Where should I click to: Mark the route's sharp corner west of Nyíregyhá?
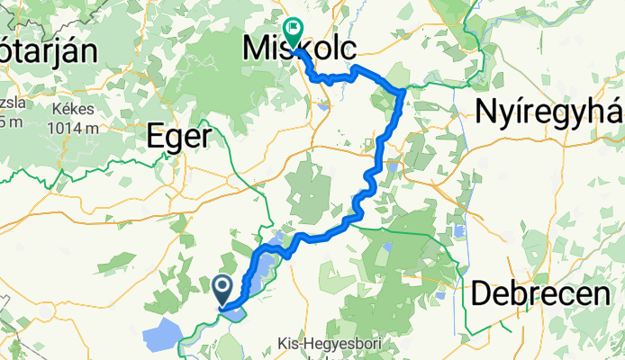(x=401, y=89)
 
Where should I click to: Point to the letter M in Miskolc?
(x=256, y=49)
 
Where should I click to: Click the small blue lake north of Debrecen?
(x=459, y=231)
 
